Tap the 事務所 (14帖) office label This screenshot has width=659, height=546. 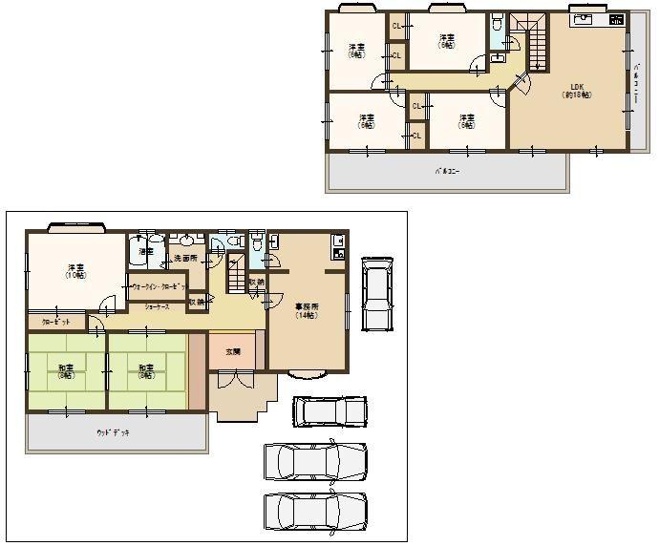coord(306,309)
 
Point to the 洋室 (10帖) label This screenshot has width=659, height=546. coord(74,271)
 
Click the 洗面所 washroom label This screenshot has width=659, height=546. coord(184,259)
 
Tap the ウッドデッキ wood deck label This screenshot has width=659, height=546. coord(113,432)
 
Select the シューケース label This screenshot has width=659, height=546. coord(159,306)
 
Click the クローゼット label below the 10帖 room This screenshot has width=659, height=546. coord(55,322)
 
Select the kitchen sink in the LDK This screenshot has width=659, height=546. coord(583,20)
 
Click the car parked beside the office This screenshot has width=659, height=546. coord(376,292)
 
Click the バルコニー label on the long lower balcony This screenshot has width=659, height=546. coord(445,173)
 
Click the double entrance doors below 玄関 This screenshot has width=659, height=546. coord(232,379)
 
